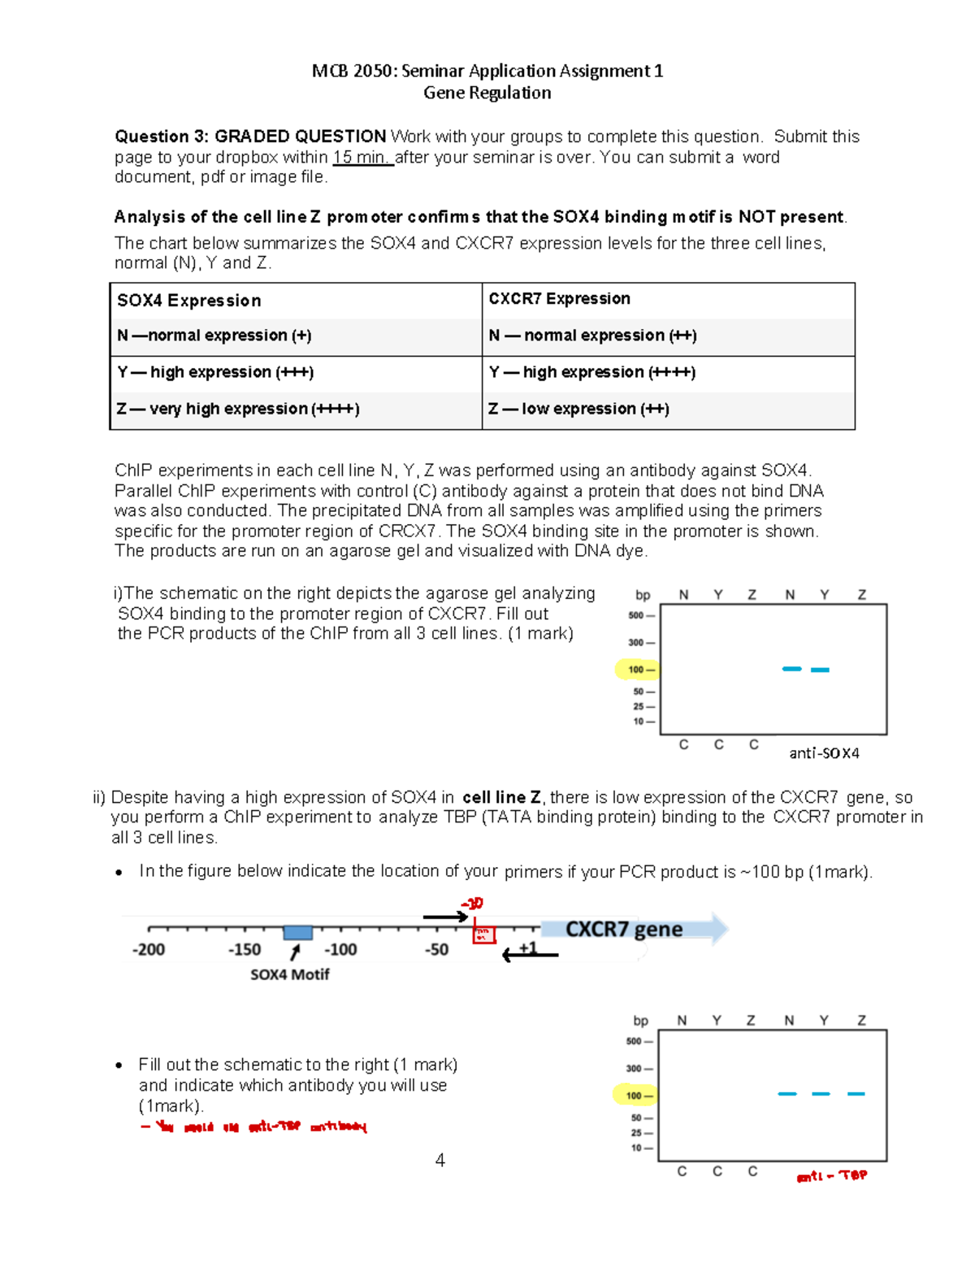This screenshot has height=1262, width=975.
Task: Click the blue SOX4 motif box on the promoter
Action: [x=297, y=932]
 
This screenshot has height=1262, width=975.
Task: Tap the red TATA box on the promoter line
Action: [x=484, y=935]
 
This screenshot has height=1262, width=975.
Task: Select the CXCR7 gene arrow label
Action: [x=624, y=929]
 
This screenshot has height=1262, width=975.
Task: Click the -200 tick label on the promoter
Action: [x=149, y=949]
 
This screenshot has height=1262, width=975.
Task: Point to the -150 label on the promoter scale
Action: [x=245, y=949]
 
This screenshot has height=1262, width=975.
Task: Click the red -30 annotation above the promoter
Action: [x=472, y=904]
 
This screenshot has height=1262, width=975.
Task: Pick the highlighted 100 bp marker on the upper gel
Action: [x=636, y=670]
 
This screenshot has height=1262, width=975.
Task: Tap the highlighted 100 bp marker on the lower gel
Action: [x=634, y=1095]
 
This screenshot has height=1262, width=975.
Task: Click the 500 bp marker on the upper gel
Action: [x=636, y=615]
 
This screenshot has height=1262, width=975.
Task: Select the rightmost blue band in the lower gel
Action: [x=856, y=1094]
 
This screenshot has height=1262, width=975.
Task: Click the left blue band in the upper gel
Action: [x=791, y=669]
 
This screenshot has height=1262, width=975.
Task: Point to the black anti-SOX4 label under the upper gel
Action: [x=824, y=753]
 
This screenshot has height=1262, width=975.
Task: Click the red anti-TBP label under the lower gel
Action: [x=831, y=1176]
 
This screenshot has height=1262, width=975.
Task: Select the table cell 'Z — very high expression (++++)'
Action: [x=238, y=409]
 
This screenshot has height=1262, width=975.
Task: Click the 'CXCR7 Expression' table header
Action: [x=559, y=299]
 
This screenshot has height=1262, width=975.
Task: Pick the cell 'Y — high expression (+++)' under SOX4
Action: [x=215, y=372]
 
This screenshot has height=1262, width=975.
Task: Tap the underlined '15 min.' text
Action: [x=362, y=158]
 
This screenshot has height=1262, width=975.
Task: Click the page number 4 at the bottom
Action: [x=440, y=1160]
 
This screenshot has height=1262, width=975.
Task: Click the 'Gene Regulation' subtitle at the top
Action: [x=487, y=93]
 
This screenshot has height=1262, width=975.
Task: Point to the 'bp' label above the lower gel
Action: [x=640, y=1021]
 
